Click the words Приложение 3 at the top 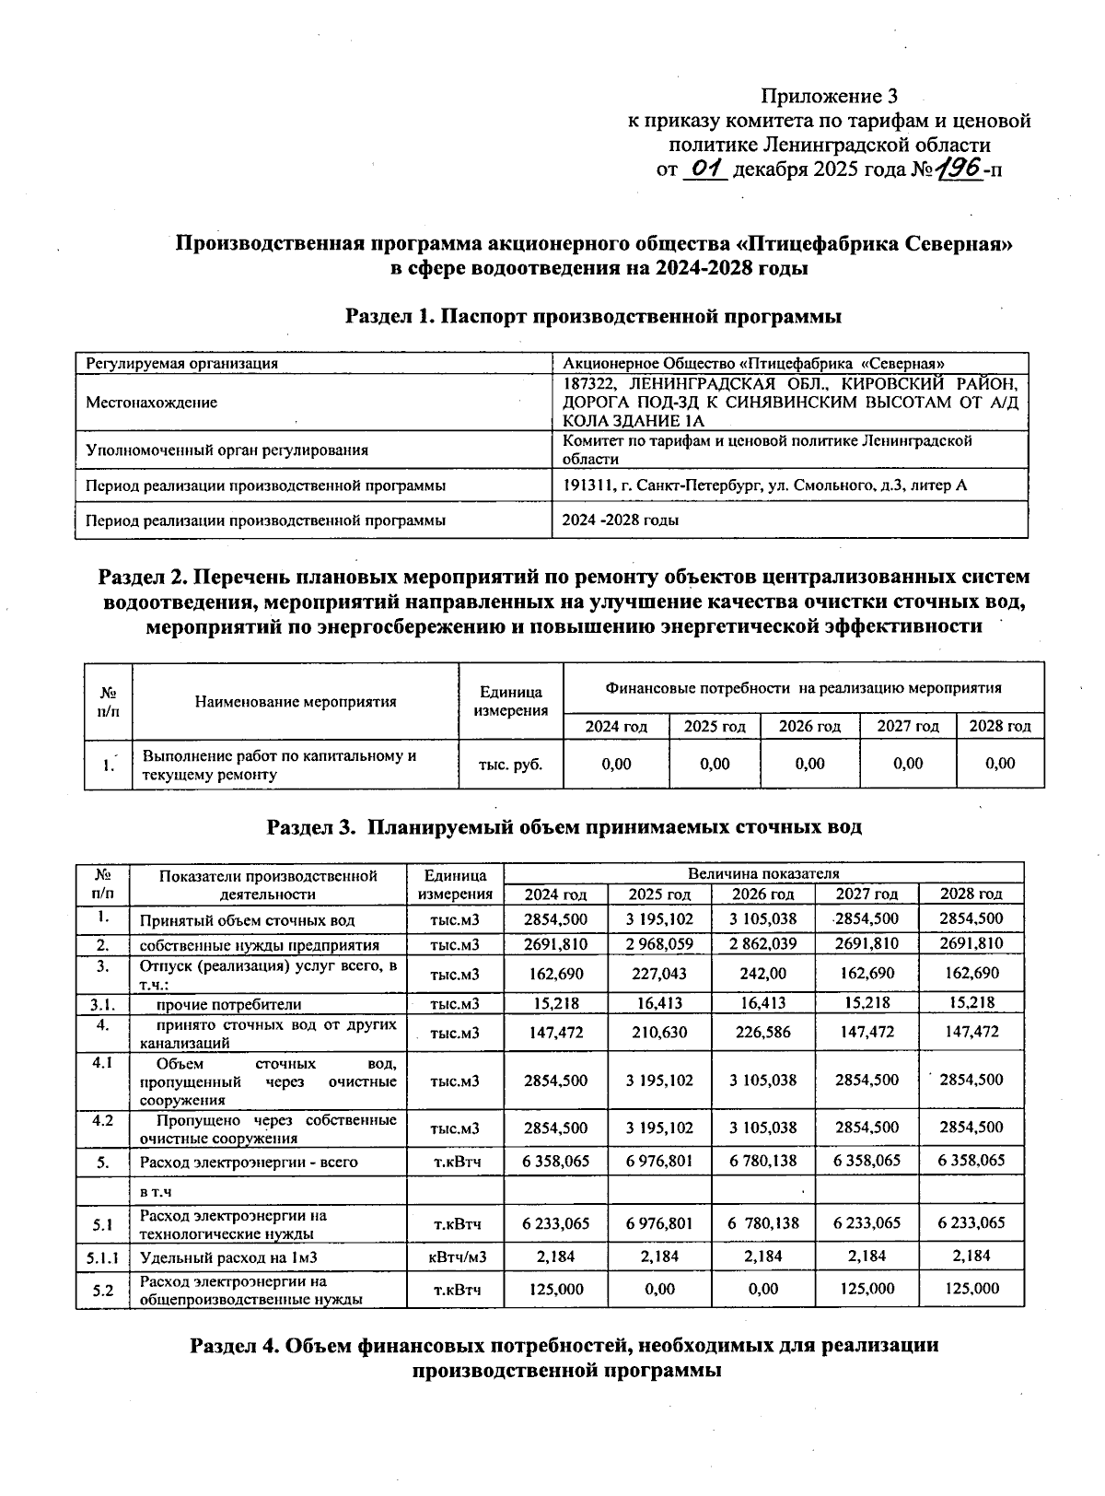[828, 96]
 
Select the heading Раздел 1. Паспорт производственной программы [593, 317]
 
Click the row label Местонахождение [151, 403]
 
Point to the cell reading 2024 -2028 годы [621, 520]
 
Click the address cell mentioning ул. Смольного [764, 485]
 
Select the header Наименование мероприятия [295, 701]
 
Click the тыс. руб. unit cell [510, 764]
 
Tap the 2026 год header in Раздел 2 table [809, 726]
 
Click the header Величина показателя [763, 872]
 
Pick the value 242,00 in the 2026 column [763, 974]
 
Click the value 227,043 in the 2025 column [659, 974]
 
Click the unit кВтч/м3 [458, 1256]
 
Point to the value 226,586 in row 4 [763, 1033]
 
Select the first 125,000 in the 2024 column [556, 1289]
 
